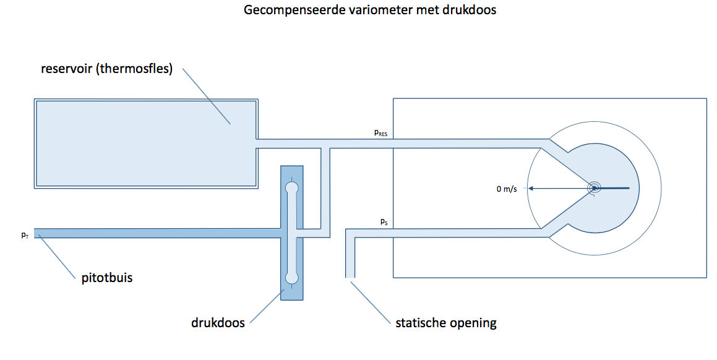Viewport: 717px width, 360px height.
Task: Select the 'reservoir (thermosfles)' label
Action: tap(106, 69)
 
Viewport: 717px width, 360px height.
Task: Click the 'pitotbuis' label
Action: tap(107, 278)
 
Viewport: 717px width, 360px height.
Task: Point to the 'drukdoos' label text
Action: tap(218, 322)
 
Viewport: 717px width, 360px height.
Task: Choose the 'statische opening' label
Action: tap(446, 323)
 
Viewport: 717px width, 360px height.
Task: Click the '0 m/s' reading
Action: tap(507, 189)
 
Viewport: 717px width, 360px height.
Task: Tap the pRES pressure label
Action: tap(381, 133)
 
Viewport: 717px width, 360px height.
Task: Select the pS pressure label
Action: tap(384, 222)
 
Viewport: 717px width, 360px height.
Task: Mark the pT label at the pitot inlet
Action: tap(25, 235)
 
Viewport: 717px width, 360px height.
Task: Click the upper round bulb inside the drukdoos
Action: tap(291, 187)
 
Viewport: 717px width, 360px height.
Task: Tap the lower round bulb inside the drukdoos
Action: tap(291, 278)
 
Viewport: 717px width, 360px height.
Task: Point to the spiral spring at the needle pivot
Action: tap(594, 188)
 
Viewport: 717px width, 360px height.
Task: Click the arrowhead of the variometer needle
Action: tap(531, 188)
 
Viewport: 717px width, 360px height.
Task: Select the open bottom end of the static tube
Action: tap(350, 277)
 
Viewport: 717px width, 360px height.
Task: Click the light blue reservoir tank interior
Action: tap(145, 143)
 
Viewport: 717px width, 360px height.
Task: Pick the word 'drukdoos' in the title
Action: tap(469, 10)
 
